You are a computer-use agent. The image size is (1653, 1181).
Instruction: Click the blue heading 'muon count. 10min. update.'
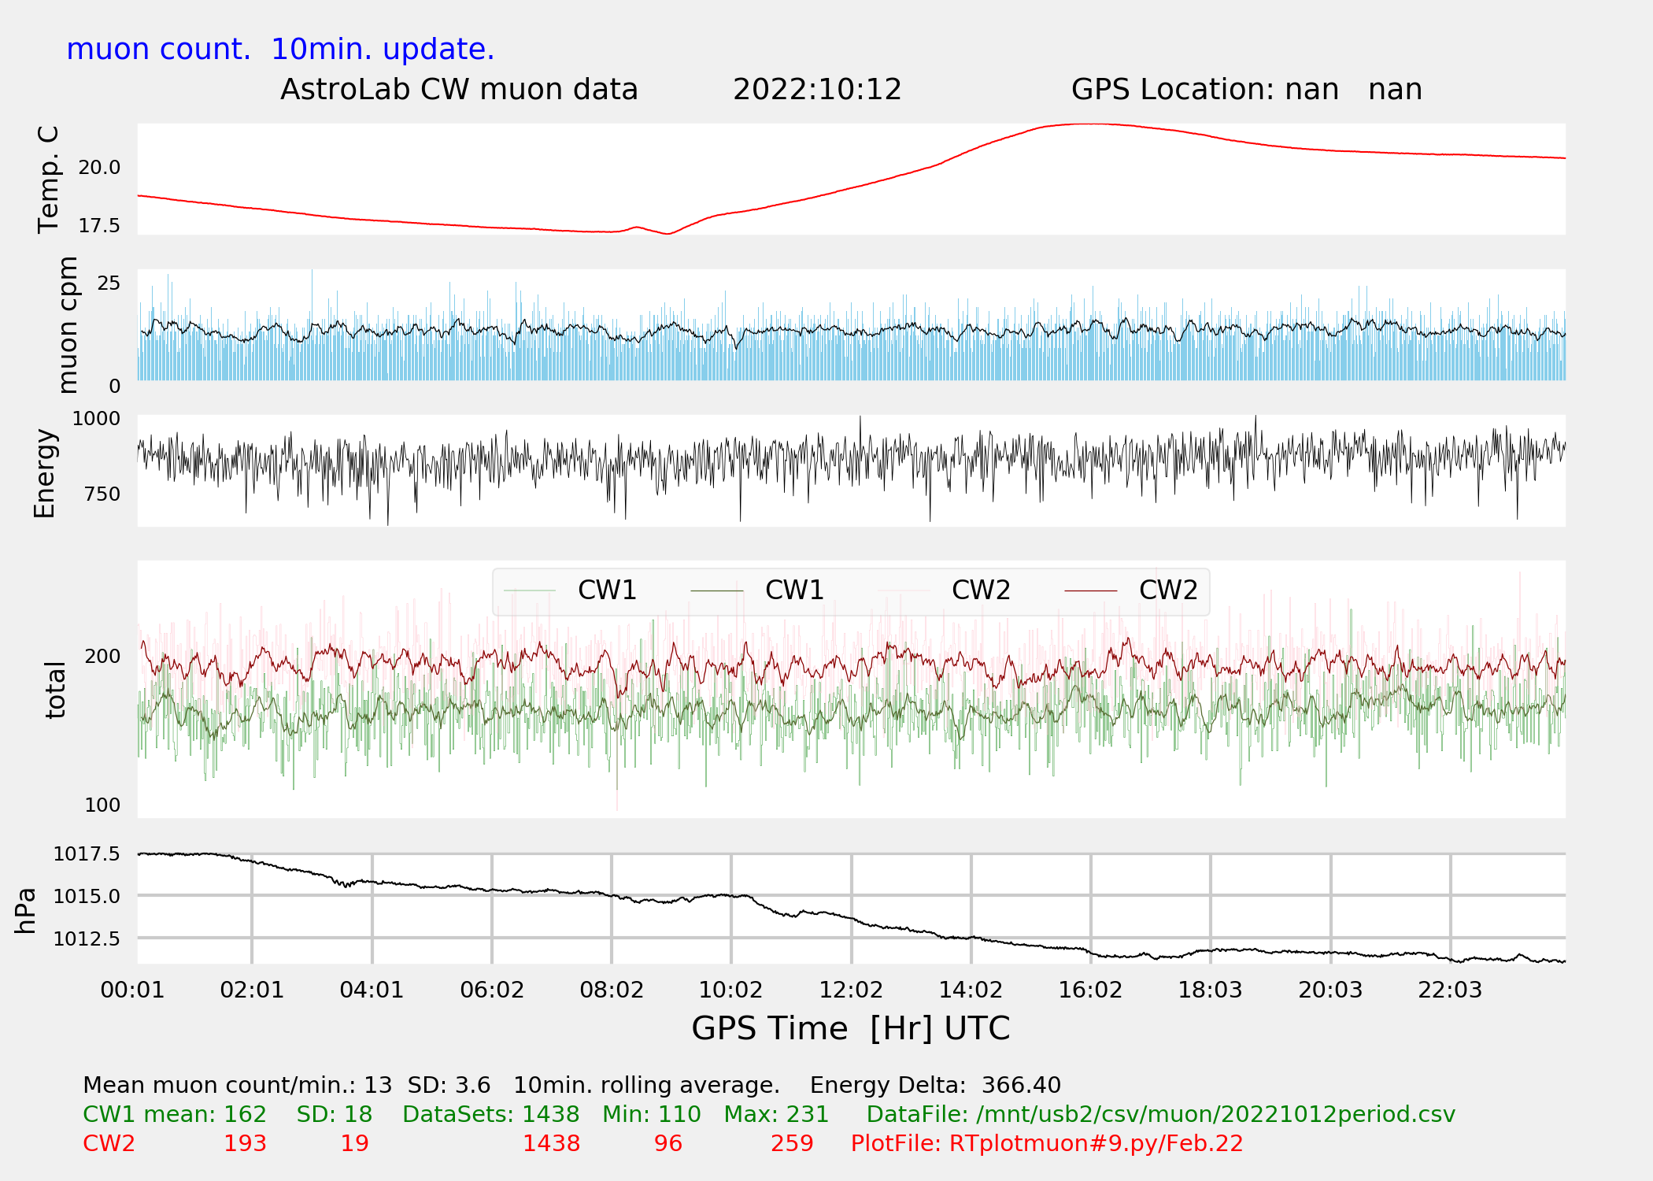click(x=280, y=50)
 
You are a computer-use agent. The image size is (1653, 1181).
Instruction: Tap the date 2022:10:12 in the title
click(x=817, y=90)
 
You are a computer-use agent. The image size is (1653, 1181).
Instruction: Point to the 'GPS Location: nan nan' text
click(x=1247, y=90)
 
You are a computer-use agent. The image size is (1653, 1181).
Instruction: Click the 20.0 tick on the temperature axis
click(x=99, y=168)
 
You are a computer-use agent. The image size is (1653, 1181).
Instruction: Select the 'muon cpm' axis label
click(x=68, y=325)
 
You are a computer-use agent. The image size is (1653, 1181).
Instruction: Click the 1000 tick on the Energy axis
click(x=96, y=419)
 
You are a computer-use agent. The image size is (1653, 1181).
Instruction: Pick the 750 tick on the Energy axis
click(x=102, y=494)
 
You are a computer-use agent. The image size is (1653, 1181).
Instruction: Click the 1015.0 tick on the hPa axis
click(x=87, y=897)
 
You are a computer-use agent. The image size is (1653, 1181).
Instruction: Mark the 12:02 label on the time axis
click(x=851, y=990)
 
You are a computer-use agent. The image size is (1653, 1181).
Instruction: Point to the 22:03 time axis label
click(x=1450, y=990)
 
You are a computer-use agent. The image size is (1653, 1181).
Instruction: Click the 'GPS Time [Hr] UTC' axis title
click(x=851, y=1029)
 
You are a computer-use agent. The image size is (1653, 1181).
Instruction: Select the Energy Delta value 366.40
click(x=1021, y=1086)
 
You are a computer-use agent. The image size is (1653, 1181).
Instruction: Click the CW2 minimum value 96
click(x=668, y=1144)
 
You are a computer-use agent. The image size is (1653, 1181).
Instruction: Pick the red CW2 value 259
click(x=792, y=1144)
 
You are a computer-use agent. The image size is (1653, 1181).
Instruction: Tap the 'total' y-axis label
click(x=55, y=690)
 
